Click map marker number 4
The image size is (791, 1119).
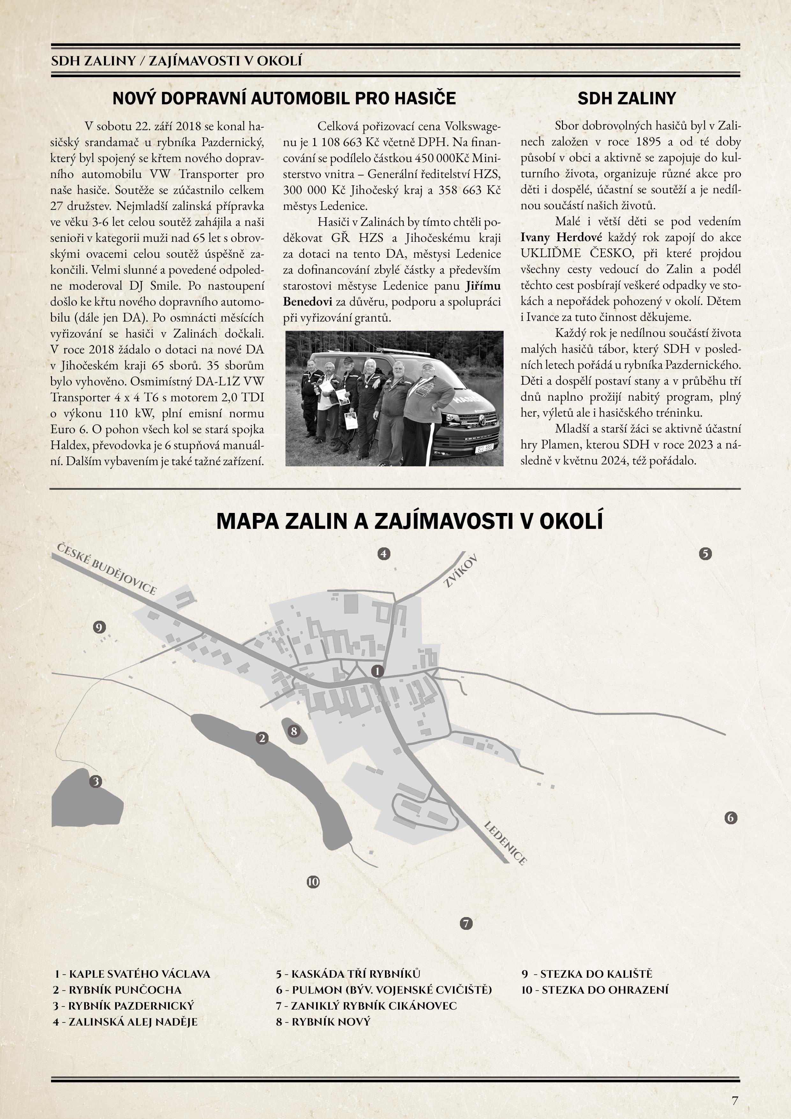pyautogui.click(x=384, y=554)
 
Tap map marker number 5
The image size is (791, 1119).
pyautogui.click(x=705, y=554)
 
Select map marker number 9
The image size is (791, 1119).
pyautogui.click(x=100, y=627)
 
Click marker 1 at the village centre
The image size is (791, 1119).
pyautogui.click(x=377, y=671)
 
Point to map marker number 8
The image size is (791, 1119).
pyautogui.click(x=293, y=731)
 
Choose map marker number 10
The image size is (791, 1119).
pyautogui.click(x=313, y=882)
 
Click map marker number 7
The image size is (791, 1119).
pyautogui.click(x=466, y=923)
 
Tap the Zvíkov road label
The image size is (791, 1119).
pyautogui.click(x=461, y=570)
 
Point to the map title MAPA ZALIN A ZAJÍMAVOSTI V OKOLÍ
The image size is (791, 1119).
pyautogui.click(x=410, y=521)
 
